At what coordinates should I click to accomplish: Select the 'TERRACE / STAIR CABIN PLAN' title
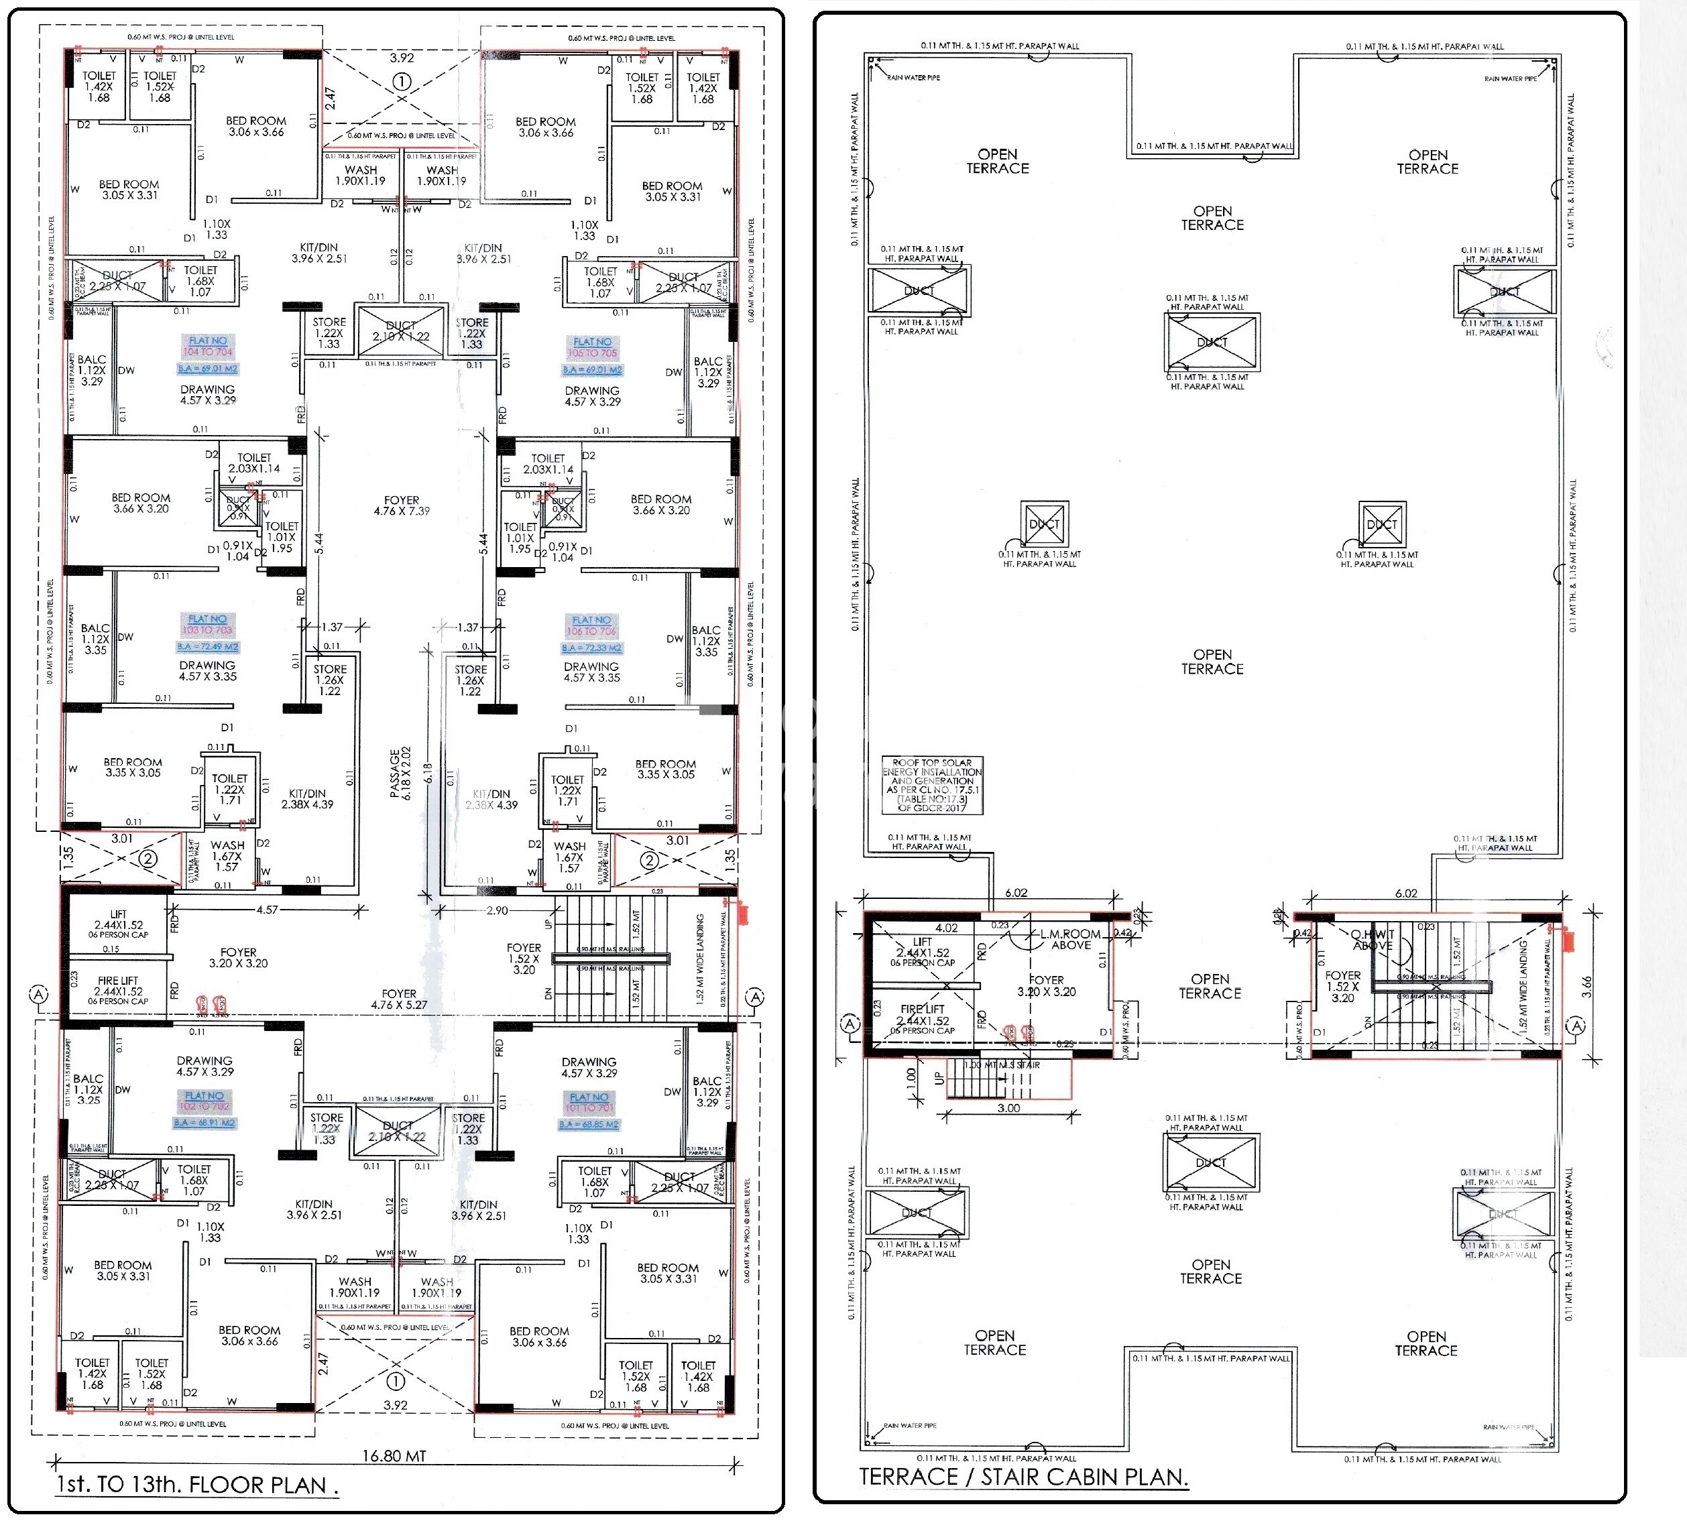coord(1023,1476)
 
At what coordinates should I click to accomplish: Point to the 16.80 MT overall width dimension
coord(394,1455)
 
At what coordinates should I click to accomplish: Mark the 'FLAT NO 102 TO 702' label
coord(205,1101)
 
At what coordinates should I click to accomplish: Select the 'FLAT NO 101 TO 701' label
coord(589,1102)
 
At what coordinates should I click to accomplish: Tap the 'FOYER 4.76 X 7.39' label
coord(402,505)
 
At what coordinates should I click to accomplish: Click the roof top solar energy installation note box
coord(932,785)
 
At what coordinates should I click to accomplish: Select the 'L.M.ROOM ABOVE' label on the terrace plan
coord(1070,939)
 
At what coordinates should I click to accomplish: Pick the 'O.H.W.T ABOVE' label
coord(1373,940)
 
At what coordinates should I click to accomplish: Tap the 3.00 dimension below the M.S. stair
coord(1008,1108)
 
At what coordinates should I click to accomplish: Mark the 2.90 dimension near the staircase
coord(497,910)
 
